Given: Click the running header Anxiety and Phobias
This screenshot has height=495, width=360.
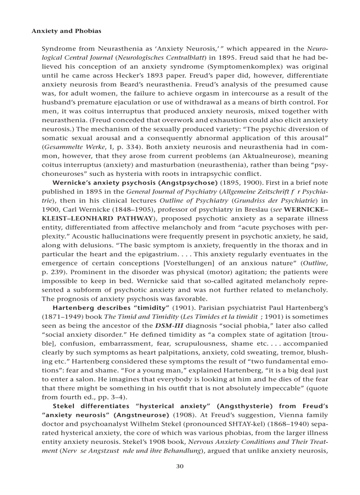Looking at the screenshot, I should (x=66, y=31).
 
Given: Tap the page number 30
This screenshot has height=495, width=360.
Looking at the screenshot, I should (x=180, y=466).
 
